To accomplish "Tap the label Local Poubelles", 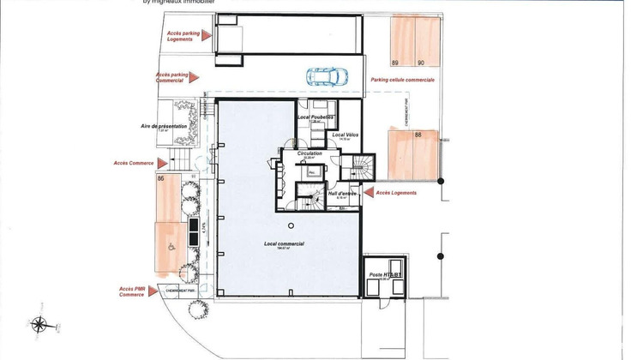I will [x=315, y=117].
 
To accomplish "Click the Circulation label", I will [x=309, y=155].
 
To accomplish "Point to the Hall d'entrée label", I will [x=342, y=193].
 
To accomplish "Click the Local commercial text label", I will [x=285, y=244].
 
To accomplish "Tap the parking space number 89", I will [x=395, y=63].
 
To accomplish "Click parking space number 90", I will [x=421, y=63].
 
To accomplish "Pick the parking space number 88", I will [x=418, y=135].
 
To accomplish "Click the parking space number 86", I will [x=161, y=178].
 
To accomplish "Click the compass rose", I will [x=39, y=325].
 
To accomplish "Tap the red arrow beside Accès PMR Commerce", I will [x=153, y=291].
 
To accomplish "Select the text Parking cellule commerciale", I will [x=402, y=80].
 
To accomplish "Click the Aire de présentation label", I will [x=165, y=126].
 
